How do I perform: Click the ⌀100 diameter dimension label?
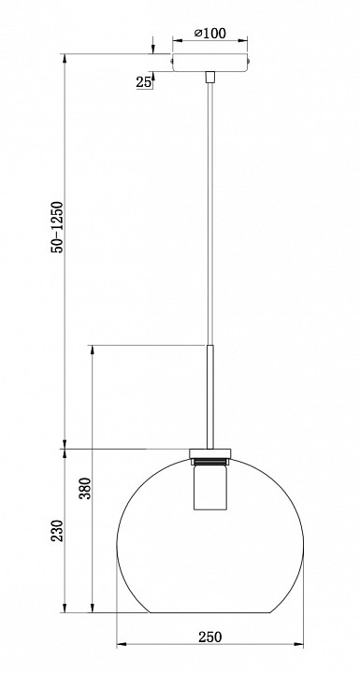(x=209, y=33)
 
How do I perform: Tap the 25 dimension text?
(x=144, y=82)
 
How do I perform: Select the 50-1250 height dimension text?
(x=58, y=227)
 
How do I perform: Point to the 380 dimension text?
(x=85, y=488)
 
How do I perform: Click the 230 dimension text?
(x=58, y=531)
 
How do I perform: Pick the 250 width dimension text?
(x=210, y=637)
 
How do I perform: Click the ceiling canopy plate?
(x=209, y=63)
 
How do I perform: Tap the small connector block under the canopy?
(x=209, y=77)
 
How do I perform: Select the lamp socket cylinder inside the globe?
(x=209, y=488)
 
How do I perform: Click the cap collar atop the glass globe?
(x=209, y=453)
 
